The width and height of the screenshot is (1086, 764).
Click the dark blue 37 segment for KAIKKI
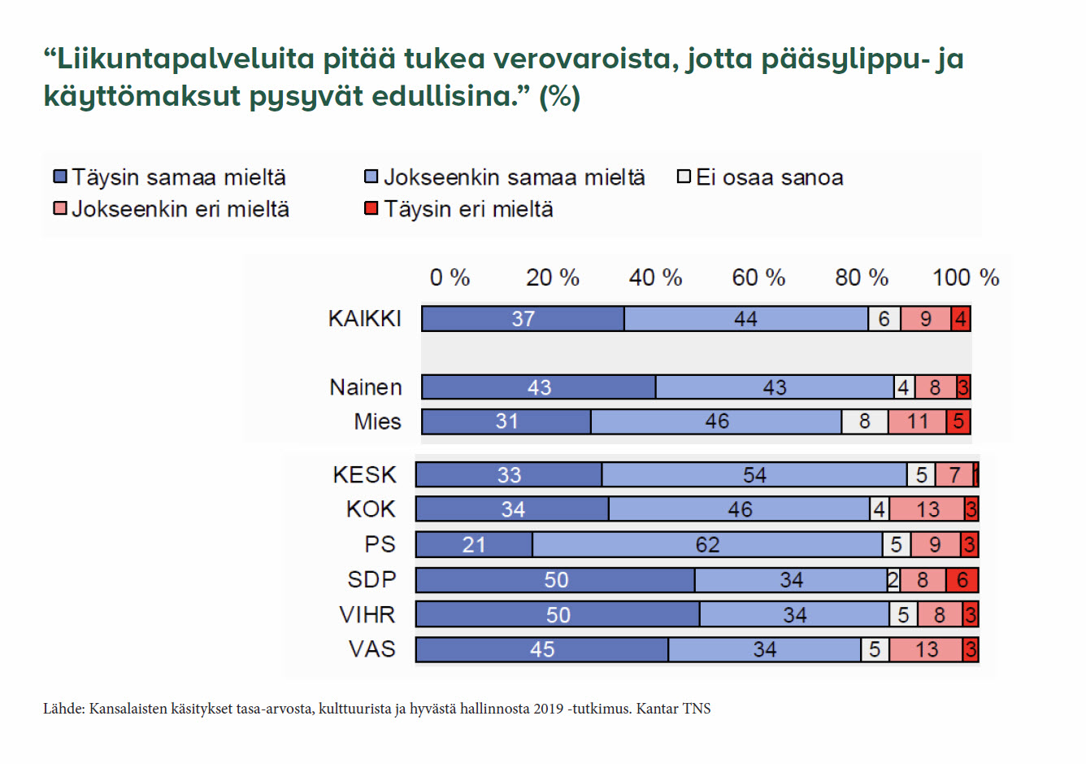pyautogui.click(x=523, y=319)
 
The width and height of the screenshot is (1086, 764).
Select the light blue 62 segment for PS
pyautogui.click(x=707, y=544)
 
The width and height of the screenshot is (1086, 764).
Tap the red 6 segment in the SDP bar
pyautogui.click(x=962, y=580)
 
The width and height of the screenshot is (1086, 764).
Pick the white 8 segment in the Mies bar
pyautogui.click(x=864, y=421)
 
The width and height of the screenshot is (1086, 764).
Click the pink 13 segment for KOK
pyautogui.click(x=927, y=509)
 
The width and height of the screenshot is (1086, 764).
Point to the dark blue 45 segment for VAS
pyautogui.click(x=542, y=649)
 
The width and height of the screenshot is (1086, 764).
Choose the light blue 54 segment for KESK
pyautogui.click(x=754, y=475)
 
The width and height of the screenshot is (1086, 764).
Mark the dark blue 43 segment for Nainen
pyautogui.click(x=539, y=387)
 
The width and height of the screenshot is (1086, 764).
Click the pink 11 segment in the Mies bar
pyautogui.click(x=917, y=421)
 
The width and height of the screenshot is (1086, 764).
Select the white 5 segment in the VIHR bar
pyautogui.click(x=903, y=615)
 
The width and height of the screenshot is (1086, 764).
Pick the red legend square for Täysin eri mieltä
pyautogui.click(x=371, y=209)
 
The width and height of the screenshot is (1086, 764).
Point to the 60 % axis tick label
pyautogui.click(x=758, y=277)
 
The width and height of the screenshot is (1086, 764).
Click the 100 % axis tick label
pyautogui.click(x=965, y=277)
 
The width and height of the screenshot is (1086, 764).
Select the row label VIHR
pyautogui.click(x=367, y=614)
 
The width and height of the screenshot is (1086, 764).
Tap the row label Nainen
pyautogui.click(x=366, y=387)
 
